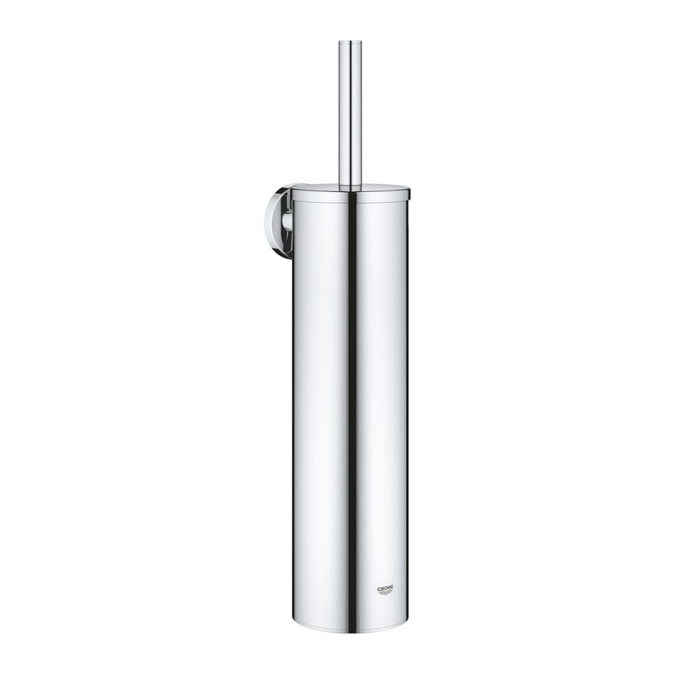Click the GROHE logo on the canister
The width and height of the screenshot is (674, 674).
385,589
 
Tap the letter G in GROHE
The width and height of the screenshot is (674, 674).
377,588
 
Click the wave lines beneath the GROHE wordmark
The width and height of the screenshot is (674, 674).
385,593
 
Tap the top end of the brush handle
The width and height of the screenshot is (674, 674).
350,42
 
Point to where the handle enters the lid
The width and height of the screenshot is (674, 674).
350,187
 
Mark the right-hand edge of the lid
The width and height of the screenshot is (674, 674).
409,191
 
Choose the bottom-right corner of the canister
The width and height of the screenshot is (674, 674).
407,627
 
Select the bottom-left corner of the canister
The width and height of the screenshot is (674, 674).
294,627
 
